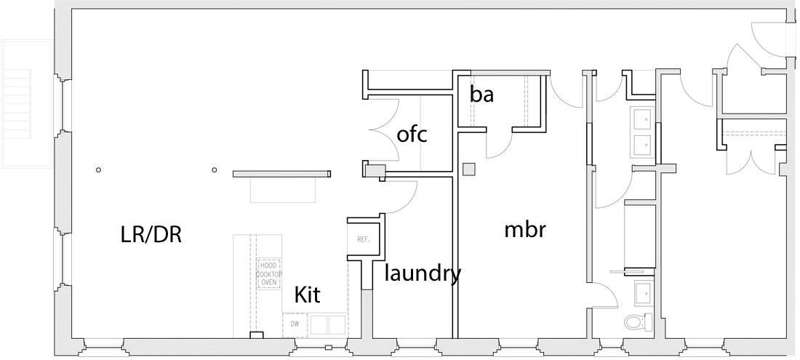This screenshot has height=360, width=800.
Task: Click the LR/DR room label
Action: coord(151,234)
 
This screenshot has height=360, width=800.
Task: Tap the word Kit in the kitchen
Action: coord(307,295)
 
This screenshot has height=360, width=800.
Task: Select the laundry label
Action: coord(423,273)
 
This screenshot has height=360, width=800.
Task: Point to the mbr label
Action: coord(525,230)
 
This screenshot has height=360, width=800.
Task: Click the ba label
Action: coord(481,94)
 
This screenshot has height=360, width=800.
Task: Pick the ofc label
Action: coord(412,135)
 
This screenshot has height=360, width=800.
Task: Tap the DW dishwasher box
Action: coord(294,324)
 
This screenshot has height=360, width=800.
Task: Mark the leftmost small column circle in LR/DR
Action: coord(98,170)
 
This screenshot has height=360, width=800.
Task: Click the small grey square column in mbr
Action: coord(469,169)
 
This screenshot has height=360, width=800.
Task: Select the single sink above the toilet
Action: coord(644,294)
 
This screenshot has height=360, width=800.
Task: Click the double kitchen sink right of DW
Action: coord(327,324)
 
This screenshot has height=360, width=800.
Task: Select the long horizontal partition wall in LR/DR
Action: coord(281,173)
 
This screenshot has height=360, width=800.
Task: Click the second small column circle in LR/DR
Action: coord(214,170)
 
